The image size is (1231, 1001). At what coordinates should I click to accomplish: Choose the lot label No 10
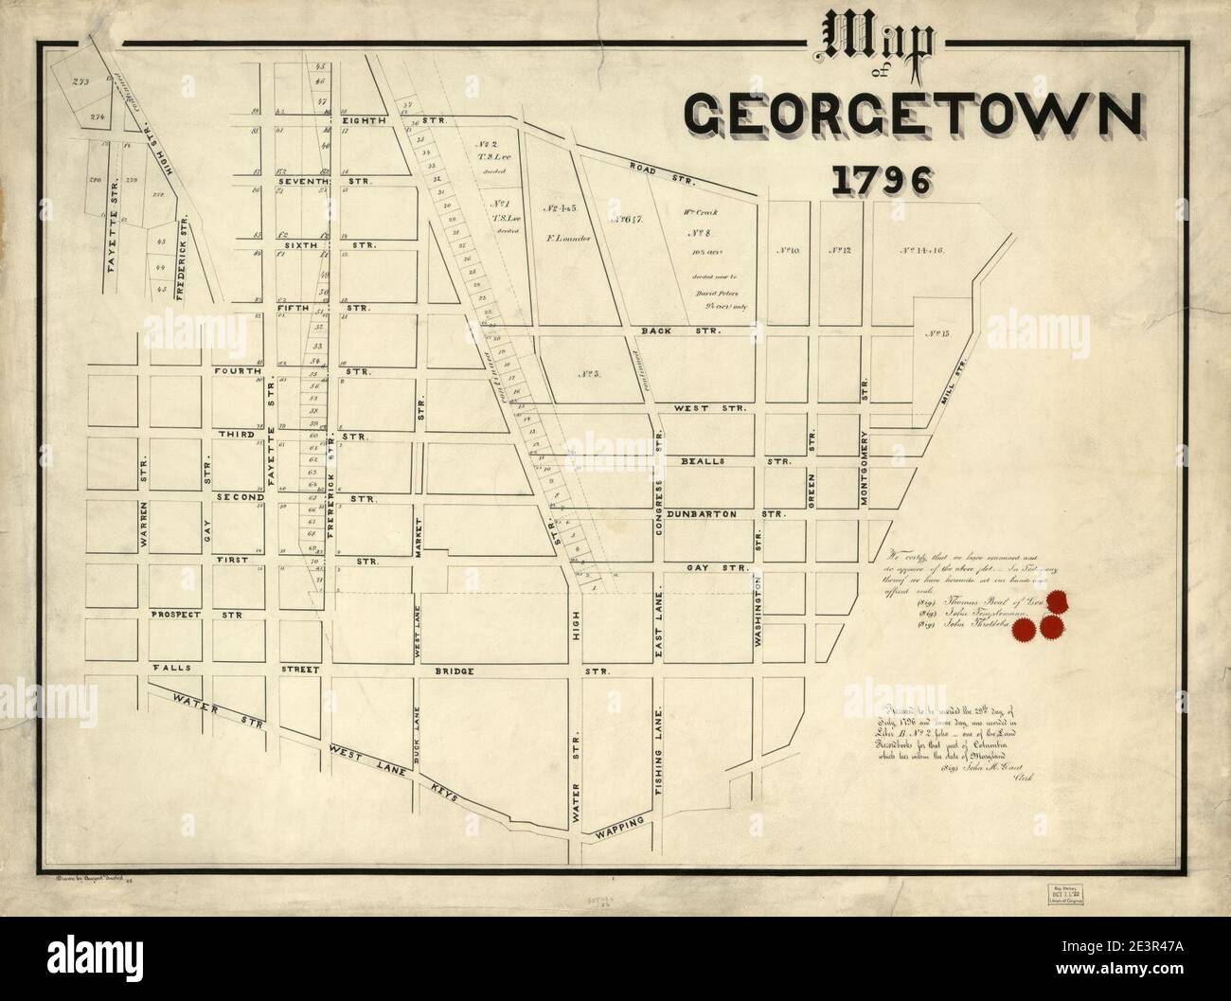point(788,251)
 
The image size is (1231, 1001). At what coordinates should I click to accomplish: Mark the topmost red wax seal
point(1058,601)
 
